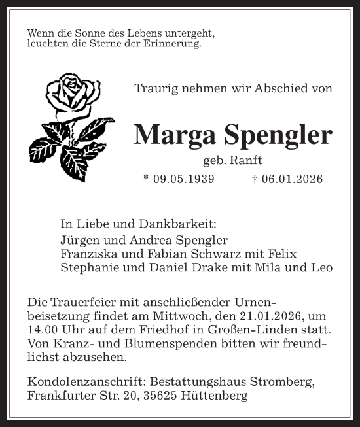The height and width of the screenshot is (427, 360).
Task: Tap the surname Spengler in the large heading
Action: (x=275, y=135)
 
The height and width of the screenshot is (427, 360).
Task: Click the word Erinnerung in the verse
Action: (x=174, y=44)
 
